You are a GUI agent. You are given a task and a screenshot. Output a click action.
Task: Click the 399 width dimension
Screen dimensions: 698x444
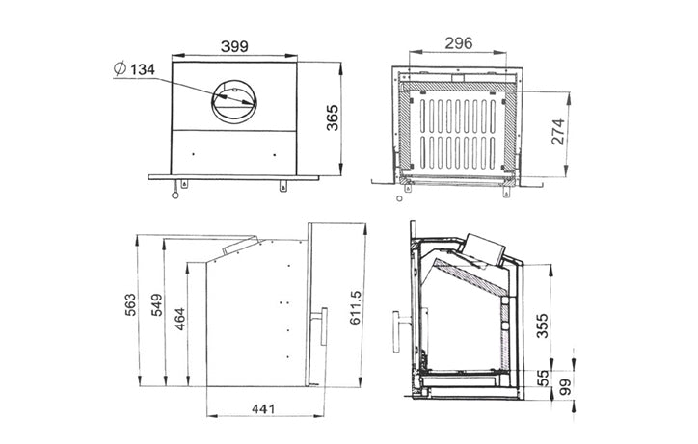pyautogui.click(x=234, y=46)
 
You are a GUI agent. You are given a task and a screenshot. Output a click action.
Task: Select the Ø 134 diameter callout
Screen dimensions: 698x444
pyautogui.click(x=134, y=69)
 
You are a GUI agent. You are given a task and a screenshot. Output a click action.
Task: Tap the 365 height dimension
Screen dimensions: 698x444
pyautogui.click(x=333, y=118)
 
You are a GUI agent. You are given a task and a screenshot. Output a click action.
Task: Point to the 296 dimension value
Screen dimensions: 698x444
pyautogui.click(x=459, y=43)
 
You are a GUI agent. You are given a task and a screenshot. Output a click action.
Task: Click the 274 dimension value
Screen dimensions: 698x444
pyautogui.click(x=558, y=131)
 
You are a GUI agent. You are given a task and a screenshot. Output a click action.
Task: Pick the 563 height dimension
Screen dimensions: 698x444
pyautogui.click(x=130, y=304)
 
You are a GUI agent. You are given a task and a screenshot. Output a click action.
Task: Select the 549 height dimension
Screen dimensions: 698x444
pyautogui.click(x=157, y=304)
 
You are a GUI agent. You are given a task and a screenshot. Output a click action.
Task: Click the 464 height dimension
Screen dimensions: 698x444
pyautogui.click(x=180, y=319)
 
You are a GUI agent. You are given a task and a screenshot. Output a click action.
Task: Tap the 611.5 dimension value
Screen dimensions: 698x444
pyautogui.click(x=355, y=307)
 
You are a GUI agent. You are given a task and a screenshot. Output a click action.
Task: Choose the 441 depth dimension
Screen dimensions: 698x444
pyautogui.click(x=263, y=408)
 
